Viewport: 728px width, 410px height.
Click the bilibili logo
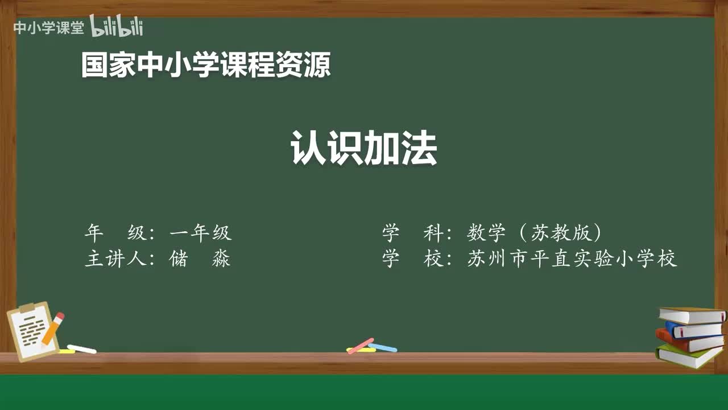coord(117,27)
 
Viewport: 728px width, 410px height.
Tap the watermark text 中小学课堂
coord(48,28)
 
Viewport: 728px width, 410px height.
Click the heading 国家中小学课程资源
coord(206,65)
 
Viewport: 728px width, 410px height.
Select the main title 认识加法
coord(364,148)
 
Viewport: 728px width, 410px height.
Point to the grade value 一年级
coord(201,233)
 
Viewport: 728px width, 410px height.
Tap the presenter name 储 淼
coord(200,259)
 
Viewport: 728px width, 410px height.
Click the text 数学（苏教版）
coord(535,233)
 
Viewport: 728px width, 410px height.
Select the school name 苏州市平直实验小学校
coord(572,259)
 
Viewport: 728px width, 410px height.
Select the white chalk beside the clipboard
coord(82,348)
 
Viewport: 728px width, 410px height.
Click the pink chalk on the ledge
coord(361,345)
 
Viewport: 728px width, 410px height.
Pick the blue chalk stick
coord(383,347)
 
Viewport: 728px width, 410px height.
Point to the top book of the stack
coord(692,314)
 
